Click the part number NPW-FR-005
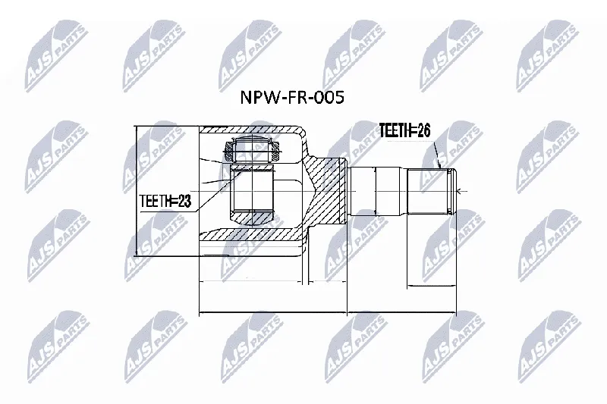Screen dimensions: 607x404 click(292, 98)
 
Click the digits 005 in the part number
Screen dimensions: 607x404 click(329, 98)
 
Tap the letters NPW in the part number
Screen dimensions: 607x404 click(259, 98)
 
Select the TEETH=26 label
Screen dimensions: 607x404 click(404, 130)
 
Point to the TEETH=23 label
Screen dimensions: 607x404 click(165, 201)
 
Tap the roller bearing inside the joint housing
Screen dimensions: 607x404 click(253, 149)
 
